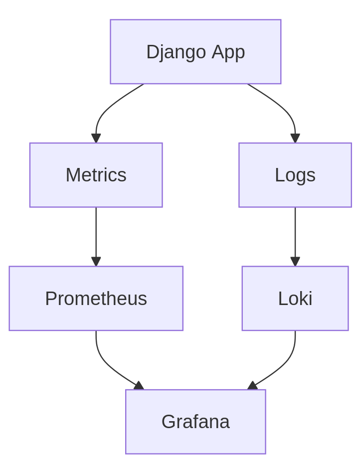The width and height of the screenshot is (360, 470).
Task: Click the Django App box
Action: pyautogui.click(x=195, y=52)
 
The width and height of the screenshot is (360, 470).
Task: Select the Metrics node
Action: pyautogui.click(x=96, y=175)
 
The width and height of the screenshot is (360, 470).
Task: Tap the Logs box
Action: pyautogui.click(x=295, y=175)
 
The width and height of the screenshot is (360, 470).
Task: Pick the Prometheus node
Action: pyautogui.click(x=96, y=298)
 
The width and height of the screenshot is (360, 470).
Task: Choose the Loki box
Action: pyautogui.click(x=295, y=298)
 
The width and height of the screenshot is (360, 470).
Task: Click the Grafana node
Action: pyautogui.click(x=195, y=422)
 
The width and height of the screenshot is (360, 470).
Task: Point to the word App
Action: pyautogui.click(x=228, y=52)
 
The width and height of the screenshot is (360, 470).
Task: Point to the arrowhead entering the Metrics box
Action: pyautogui.click(x=96, y=139)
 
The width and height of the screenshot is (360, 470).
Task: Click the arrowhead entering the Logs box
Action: pyautogui.click(x=295, y=139)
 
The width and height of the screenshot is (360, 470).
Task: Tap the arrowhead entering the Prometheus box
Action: pyautogui.click(x=96, y=262)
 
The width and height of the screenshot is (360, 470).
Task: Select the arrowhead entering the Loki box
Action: pyautogui.click(x=295, y=262)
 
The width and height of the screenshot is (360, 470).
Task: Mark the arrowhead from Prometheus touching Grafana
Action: pyautogui.click(x=139, y=385)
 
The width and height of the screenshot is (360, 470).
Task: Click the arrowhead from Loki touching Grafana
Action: pyautogui.click(x=252, y=385)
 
